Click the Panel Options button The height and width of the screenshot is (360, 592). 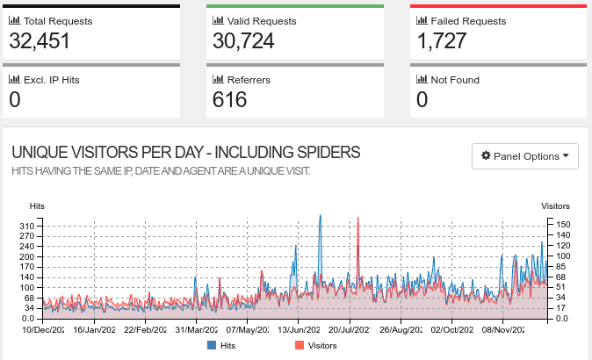pos(524,156)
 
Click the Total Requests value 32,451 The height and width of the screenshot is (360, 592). pos(40,40)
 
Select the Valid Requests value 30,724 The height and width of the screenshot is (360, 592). pos(243,40)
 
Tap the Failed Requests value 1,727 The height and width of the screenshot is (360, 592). pos(439,40)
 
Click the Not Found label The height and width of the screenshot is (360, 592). pos(455,80)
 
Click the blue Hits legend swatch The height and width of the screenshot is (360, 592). pos(212,346)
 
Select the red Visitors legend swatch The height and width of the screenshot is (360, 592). pos(300,346)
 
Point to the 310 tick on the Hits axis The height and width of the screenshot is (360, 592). pos(29,227)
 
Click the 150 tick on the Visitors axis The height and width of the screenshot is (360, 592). pos(563,224)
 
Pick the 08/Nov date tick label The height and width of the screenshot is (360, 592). pos(503,330)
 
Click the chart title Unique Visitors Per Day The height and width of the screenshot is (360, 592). pos(185,152)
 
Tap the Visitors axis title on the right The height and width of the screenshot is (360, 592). pos(555,205)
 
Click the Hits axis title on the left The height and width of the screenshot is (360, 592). pos(37,205)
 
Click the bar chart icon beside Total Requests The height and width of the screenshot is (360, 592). pos(14,20)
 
